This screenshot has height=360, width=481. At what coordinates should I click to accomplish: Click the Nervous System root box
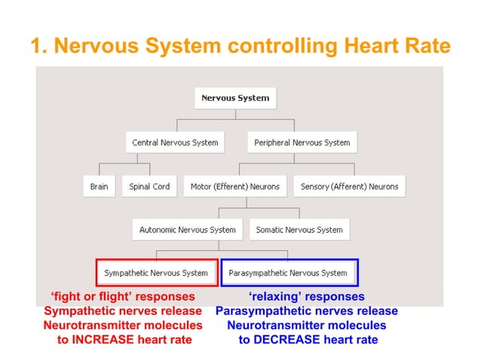coord(234,98)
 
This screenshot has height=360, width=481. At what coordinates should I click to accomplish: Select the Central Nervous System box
coord(175,142)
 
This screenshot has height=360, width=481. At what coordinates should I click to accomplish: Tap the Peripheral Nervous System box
coord(302,142)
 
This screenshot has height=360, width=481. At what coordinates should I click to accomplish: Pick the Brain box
coord(99,186)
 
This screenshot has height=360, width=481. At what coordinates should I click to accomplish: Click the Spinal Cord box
coord(149,186)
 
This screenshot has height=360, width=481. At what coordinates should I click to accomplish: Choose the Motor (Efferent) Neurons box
coord(234,186)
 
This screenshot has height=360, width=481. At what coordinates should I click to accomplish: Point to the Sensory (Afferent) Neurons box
coord(349,186)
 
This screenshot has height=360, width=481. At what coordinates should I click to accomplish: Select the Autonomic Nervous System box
coord(187,230)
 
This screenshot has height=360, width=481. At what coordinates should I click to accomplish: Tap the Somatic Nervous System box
coord(299,230)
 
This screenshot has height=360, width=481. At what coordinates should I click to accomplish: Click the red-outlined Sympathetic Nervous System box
coord(156,273)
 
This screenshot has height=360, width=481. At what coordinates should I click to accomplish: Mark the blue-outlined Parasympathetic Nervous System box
coord(288,273)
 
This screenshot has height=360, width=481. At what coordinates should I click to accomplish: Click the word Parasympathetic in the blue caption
coord(264,311)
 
